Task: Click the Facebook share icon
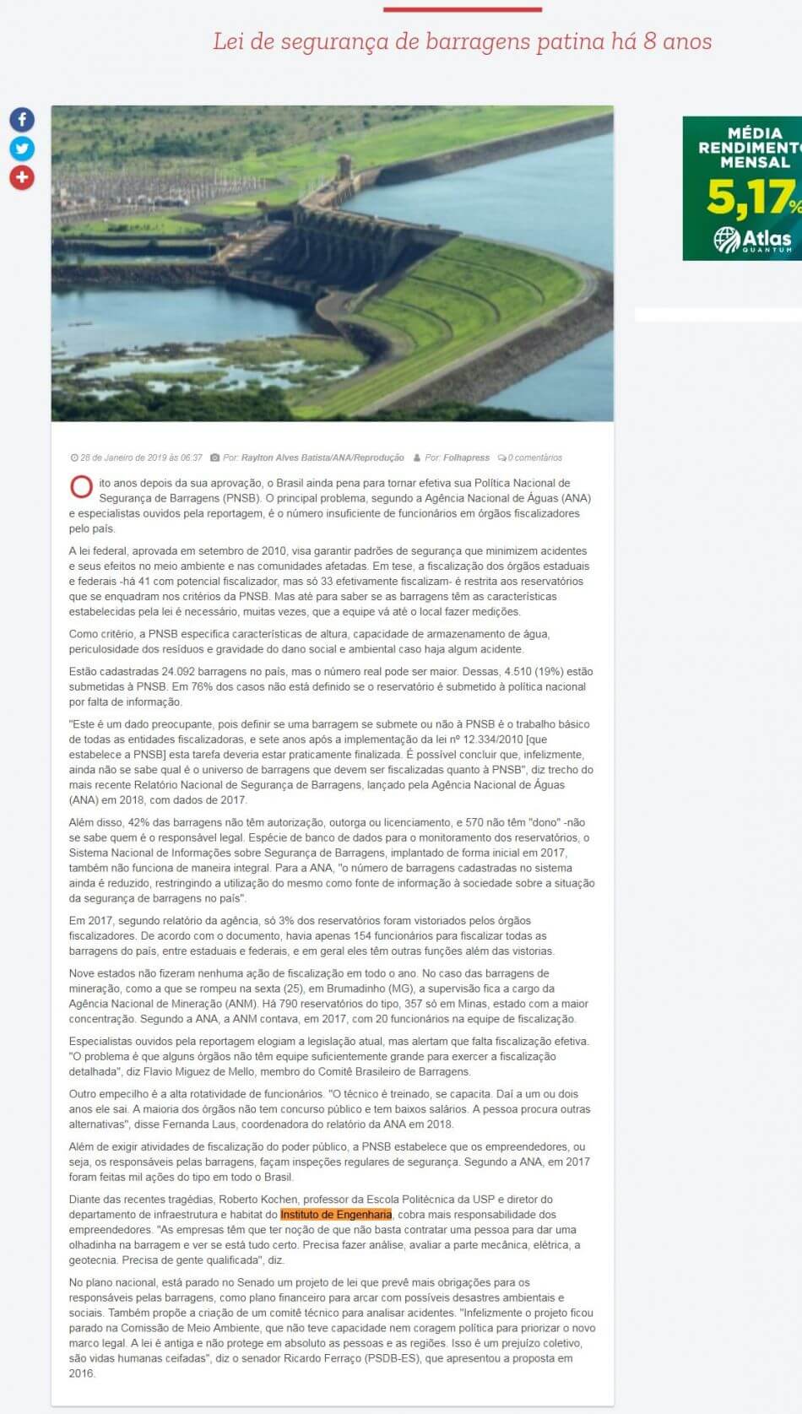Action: tap(22, 120)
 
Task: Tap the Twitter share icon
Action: tap(22, 149)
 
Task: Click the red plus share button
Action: tap(22, 177)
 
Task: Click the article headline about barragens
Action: tap(462, 41)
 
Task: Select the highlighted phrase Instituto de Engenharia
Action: tap(336, 1214)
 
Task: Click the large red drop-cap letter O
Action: tap(81, 488)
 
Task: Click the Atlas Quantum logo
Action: tap(753, 240)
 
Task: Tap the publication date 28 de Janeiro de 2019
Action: tap(141, 458)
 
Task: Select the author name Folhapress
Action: tap(466, 458)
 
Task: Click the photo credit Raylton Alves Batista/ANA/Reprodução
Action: tap(322, 458)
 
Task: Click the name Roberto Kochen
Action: tap(258, 1199)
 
